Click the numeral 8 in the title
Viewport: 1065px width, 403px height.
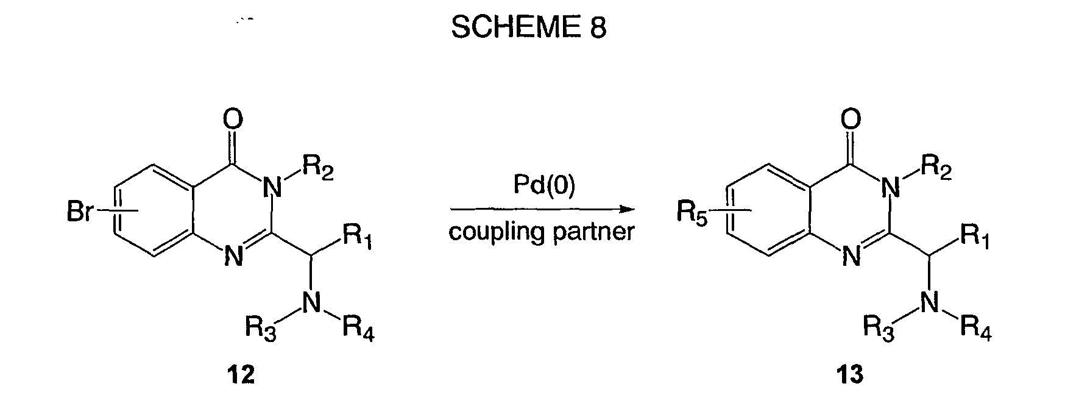pyautogui.click(x=598, y=28)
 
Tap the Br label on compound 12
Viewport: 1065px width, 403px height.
pyautogui.click(x=80, y=214)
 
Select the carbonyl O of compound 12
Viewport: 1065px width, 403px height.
pyautogui.click(x=233, y=119)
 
